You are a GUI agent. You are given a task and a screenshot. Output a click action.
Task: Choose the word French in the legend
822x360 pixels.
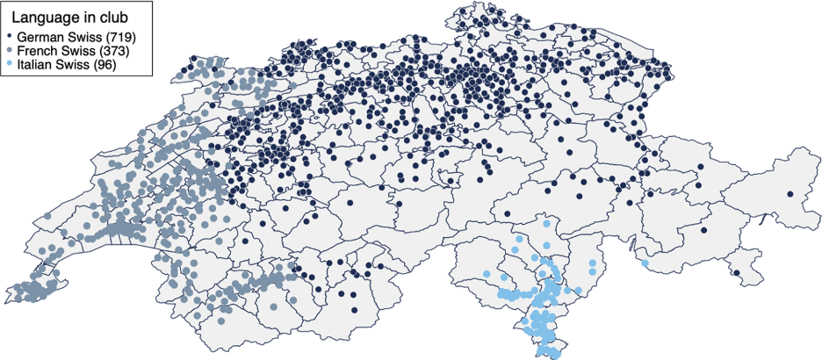37,52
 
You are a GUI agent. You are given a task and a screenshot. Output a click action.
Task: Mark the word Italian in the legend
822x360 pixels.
35,66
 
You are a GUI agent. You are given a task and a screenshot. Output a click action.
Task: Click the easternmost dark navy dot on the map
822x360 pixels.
790,194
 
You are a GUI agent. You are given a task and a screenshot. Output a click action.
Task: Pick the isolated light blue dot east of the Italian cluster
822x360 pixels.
645,263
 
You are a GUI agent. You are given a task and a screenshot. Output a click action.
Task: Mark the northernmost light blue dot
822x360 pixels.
546,224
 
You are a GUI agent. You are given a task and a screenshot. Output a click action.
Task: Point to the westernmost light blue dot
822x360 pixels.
487,275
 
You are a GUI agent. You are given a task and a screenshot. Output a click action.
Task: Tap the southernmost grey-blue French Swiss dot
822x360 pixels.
220,318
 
